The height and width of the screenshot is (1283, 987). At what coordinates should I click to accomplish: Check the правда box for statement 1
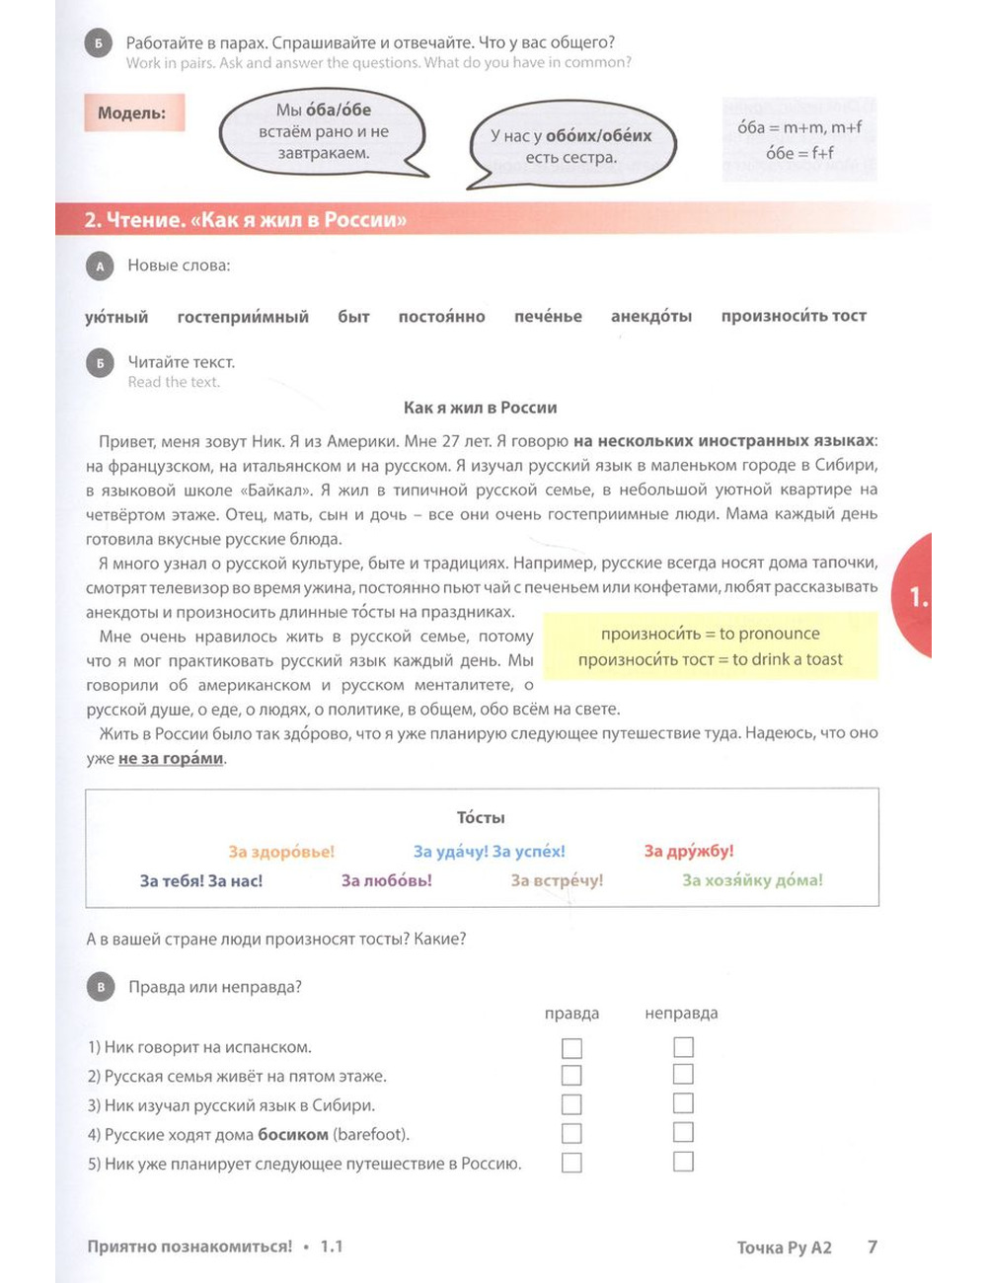coord(571,1048)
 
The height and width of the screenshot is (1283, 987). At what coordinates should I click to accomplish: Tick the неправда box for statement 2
coord(683,1075)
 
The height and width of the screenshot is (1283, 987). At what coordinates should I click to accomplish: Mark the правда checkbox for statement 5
coord(571,1163)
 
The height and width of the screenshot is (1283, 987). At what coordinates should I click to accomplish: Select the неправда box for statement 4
coord(683,1132)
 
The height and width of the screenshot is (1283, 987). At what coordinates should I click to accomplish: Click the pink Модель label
coord(131,113)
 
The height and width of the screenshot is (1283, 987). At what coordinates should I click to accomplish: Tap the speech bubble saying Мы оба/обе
coord(323,131)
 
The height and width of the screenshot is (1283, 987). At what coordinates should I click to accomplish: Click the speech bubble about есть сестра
coord(570,146)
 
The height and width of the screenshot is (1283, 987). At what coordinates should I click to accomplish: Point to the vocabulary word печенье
coord(548,317)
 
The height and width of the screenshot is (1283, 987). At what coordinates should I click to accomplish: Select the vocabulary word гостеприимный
coord(243,317)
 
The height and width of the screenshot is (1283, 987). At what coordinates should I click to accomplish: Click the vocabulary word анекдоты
coord(651,317)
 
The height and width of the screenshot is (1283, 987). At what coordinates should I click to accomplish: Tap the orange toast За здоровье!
coord(281,852)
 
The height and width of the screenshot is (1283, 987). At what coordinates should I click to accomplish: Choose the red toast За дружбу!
coord(689,851)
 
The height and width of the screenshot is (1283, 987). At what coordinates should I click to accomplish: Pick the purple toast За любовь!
coord(387,880)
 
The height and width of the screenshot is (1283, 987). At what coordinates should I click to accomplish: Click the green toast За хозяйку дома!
coord(752,880)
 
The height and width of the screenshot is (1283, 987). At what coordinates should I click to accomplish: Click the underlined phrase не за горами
coord(171,759)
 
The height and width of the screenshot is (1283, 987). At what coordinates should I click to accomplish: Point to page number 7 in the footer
coord(872,1246)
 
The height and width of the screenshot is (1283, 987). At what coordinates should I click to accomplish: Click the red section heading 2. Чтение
coord(246,220)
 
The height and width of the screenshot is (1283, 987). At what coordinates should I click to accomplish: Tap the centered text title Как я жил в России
coord(481,408)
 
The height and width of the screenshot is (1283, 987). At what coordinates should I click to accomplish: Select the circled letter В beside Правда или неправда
coord(101,987)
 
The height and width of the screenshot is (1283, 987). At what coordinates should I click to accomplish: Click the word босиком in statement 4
coord(293,1135)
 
